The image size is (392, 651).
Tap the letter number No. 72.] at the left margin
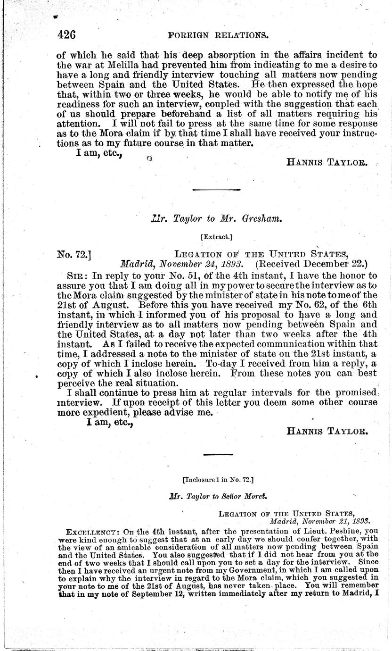click(73, 255)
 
